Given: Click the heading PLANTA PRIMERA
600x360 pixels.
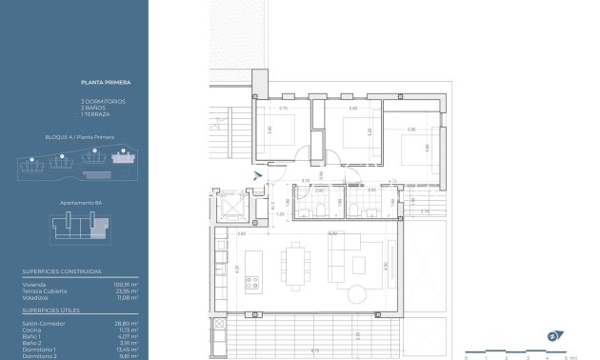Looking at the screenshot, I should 100,83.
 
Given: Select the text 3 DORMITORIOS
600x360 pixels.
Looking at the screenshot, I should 103,100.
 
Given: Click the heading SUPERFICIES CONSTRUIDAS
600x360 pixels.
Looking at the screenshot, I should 61,271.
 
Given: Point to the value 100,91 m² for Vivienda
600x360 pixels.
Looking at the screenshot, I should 127,284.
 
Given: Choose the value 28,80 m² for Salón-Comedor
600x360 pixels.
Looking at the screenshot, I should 128,323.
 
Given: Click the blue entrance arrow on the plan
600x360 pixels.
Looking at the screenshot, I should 255,174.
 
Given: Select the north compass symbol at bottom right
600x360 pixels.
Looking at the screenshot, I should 551,336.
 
